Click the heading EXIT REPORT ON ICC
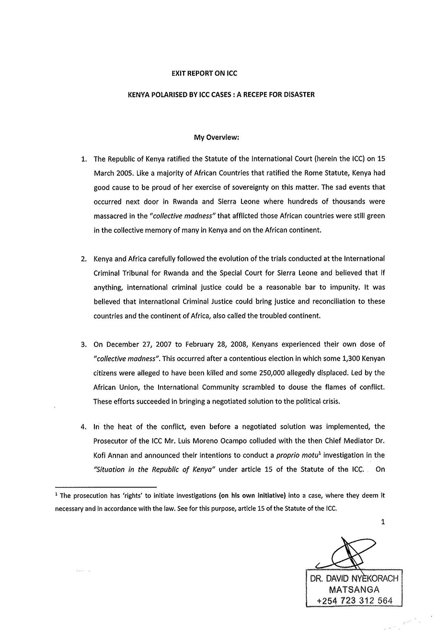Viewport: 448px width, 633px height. (205, 73)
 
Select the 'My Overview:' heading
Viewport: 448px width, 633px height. (216, 137)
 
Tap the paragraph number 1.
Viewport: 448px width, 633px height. (84, 158)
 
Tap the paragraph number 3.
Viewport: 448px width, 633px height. (84, 344)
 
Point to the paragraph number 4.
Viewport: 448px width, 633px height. (84, 427)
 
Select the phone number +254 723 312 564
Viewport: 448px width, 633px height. (354, 600)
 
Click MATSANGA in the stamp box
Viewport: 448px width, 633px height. (354, 589)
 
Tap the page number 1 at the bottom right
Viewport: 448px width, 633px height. (383, 522)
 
